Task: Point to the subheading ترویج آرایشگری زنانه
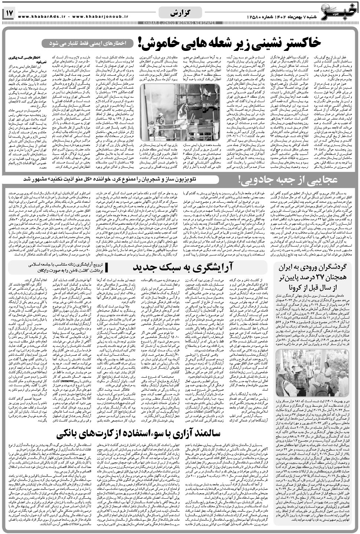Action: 55,265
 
